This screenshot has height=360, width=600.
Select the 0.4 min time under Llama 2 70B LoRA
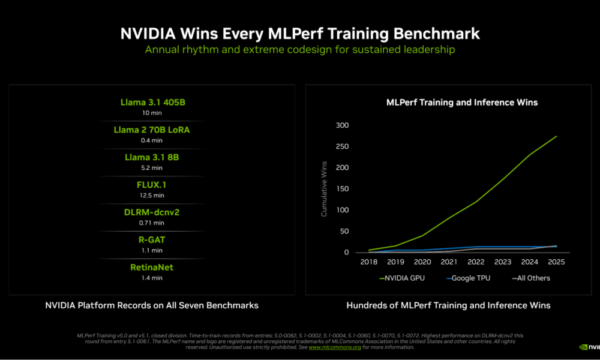pyautogui.click(x=152, y=140)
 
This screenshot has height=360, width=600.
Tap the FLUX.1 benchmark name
pyautogui.click(x=152, y=184)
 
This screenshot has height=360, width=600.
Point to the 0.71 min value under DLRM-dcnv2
pyautogui.click(x=152, y=223)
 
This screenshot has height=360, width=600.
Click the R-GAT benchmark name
pyautogui.click(x=152, y=239)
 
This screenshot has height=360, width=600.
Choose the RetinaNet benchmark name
pyautogui.click(x=152, y=267)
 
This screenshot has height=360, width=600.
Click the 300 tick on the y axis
pyautogui.click(x=343, y=125)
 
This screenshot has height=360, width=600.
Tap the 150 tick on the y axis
pyautogui.click(x=343, y=189)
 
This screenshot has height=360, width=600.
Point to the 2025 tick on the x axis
pyautogui.click(x=556, y=262)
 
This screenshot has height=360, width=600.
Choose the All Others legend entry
pyautogui.click(x=531, y=278)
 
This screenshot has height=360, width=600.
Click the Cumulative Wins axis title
pyautogui.click(x=324, y=189)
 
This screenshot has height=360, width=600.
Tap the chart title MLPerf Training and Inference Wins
pyautogui.click(x=461, y=103)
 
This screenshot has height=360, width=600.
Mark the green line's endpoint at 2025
pyautogui.click(x=556, y=136)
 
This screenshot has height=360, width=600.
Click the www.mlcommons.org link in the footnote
pyautogui.click(x=335, y=347)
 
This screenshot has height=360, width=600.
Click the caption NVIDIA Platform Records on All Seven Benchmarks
pyautogui.click(x=152, y=305)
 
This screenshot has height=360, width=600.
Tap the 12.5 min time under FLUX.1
pyautogui.click(x=152, y=195)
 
